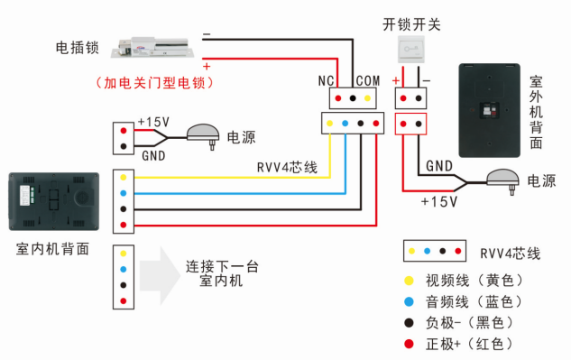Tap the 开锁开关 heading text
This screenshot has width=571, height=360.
pyautogui.click(x=411, y=24)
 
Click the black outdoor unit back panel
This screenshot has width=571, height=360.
pyautogui.click(x=490, y=109)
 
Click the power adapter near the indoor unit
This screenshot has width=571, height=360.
pyautogui.click(x=204, y=134)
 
